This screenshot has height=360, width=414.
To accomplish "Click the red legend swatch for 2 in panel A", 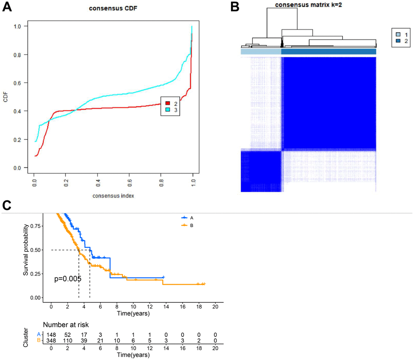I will coord(168,104).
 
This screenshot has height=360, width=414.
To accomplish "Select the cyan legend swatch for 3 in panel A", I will coord(168,110).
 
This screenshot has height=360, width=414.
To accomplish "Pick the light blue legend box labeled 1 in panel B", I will coord(399,35).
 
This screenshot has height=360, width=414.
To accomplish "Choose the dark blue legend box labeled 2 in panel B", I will coord(399,41).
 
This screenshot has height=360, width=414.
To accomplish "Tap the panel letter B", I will coord(234,7).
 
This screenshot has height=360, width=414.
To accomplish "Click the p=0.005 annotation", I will coord(68,279).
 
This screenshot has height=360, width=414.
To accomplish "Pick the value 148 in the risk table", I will coord(51,333).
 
